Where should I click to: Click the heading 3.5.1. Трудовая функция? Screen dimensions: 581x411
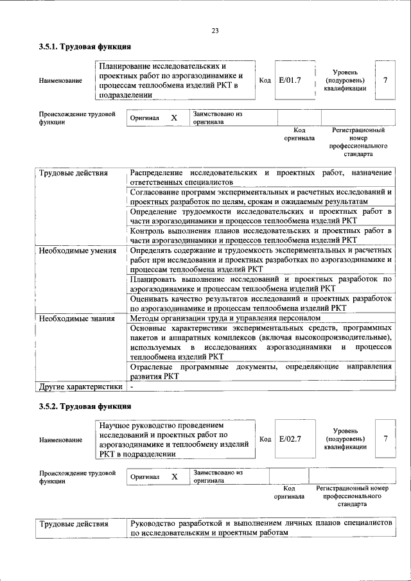pos(85,47)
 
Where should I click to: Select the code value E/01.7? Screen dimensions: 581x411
pos(290,80)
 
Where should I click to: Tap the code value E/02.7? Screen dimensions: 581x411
pos(290,439)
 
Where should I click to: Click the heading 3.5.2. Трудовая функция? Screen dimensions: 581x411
pos(85,406)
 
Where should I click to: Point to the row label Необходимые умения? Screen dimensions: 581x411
pos(77,251)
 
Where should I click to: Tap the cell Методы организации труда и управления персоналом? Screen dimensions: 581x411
pos(224,318)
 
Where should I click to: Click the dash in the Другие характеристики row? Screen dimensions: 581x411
pos(132,387)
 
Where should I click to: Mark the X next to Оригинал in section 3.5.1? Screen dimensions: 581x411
pos(173,118)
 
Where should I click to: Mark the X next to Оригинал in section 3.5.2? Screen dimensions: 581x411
pos(173,477)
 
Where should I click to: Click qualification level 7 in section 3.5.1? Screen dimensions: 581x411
pos(385,80)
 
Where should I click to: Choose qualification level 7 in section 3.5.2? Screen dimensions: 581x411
pos(385,438)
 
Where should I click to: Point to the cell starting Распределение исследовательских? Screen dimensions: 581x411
pos(260,178)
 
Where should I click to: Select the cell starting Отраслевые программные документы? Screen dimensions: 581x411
pos(260,371)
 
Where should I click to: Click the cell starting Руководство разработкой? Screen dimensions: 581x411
pos(260,528)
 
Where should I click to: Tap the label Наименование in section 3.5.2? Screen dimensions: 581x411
pos(60,440)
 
